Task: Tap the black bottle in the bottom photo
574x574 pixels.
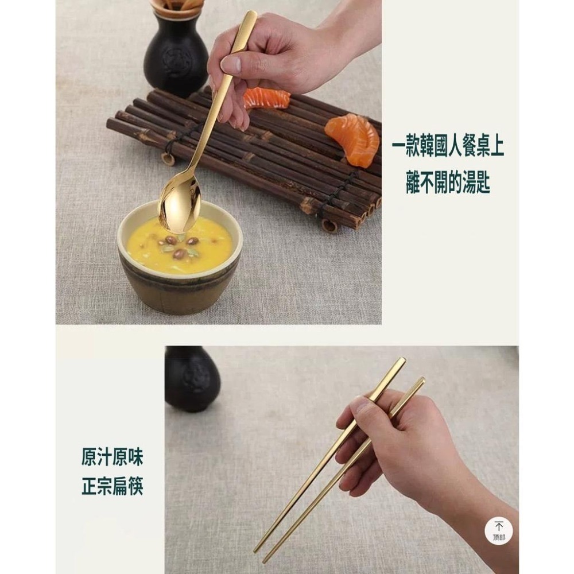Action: point(192,379)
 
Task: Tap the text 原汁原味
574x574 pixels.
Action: point(112,457)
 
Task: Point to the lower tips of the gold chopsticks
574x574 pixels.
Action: point(261,554)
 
